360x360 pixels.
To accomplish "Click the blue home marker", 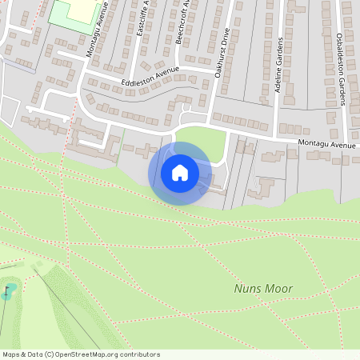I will click(179, 173).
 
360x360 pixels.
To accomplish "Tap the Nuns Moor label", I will click(263, 289).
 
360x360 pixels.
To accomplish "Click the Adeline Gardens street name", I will click(279, 65).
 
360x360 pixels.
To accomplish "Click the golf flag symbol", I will click(9, 290).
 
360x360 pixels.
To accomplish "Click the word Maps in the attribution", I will click(11, 354).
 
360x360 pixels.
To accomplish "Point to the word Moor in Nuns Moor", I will click(281, 289).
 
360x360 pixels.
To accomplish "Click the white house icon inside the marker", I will click(179, 172).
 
